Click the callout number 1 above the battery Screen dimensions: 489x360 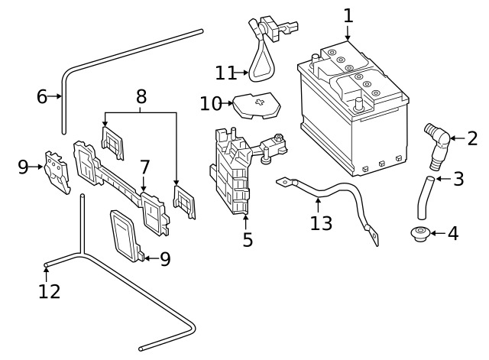348,15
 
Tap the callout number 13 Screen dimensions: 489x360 321,223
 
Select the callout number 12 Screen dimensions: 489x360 49,291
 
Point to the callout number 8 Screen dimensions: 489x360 141,96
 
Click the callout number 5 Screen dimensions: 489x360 248,239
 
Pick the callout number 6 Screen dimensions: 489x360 42,96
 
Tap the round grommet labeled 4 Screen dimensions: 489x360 420,234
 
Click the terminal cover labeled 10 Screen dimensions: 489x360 257,105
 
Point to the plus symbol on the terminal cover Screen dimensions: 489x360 260,102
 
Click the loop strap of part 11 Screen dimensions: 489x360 253,73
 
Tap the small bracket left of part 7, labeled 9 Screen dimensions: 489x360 57,172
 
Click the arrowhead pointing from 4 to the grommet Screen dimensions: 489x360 433,233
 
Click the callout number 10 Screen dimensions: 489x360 211,104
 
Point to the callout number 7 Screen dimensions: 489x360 144,167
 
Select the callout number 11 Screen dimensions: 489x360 226,73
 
